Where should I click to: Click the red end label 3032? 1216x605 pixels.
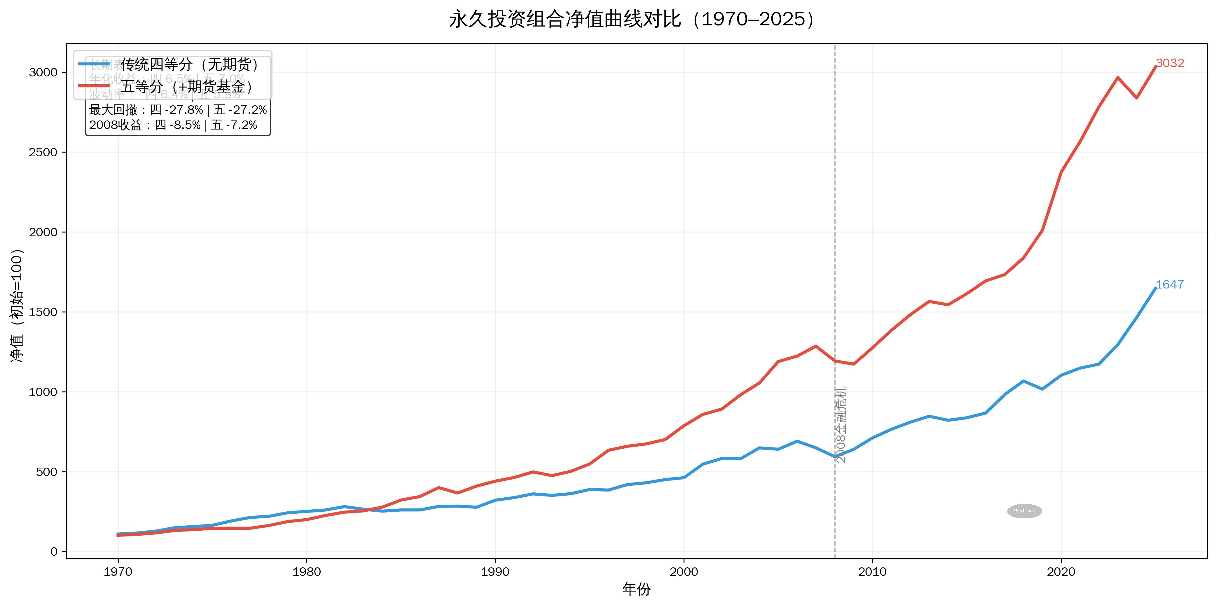point(1170,63)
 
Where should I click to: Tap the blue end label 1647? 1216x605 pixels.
point(1169,285)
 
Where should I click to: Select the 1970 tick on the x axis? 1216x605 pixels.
point(118,572)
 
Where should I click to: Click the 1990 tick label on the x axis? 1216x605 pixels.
point(495,572)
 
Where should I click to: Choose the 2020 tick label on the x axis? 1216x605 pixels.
point(1061,572)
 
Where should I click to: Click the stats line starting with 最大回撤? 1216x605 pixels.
point(178,110)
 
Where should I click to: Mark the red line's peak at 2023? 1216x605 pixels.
point(1117,77)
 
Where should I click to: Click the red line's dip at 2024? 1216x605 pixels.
point(1136,98)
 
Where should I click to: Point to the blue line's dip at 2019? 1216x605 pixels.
point(1042,389)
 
